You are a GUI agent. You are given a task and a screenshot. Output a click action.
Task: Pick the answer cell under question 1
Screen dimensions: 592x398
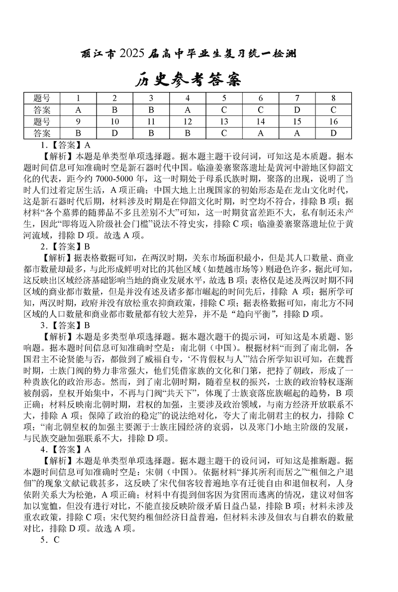[x=78, y=109]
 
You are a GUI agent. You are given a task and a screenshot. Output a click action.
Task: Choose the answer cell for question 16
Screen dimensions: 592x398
[x=333, y=133]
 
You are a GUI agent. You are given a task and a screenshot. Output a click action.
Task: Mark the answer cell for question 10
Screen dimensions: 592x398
[x=114, y=133]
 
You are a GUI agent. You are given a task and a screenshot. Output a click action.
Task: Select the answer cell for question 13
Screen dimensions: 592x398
[x=224, y=133]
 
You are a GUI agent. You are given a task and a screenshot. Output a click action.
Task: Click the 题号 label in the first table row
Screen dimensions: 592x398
[x=42, y=98]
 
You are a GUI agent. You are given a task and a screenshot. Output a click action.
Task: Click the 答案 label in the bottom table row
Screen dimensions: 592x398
[x=42, y=133]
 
